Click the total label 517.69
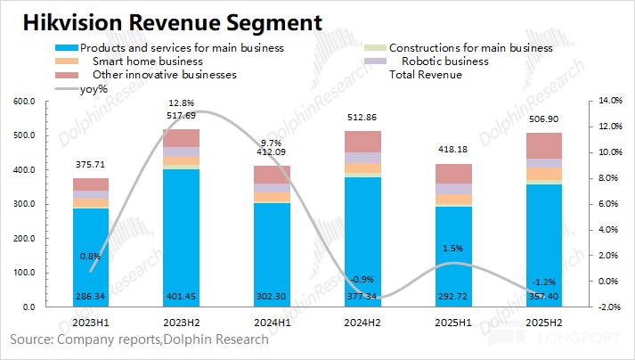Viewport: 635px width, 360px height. [x=181, y=115]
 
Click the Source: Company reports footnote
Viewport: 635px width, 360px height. [x=139, y=340]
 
